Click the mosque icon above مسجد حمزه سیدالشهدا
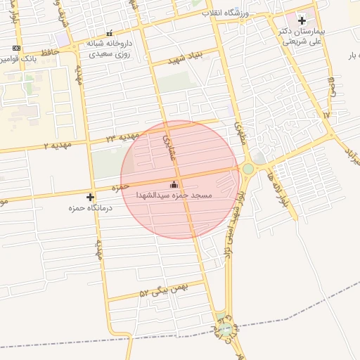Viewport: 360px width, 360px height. pos(174,184)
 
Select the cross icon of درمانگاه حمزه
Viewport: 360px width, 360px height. pos(90,197)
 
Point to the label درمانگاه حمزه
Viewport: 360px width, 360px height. pos(82,208)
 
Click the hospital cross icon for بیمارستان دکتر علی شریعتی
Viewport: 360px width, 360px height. pos(302,20)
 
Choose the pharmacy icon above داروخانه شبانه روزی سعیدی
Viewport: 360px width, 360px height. pos(108,33)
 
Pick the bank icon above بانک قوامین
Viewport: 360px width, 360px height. pos(16,48)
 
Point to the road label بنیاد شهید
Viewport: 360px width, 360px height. pos(186,59)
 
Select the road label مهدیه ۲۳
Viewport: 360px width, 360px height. pos(120,138)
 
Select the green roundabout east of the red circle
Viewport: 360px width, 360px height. pos(247,169)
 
